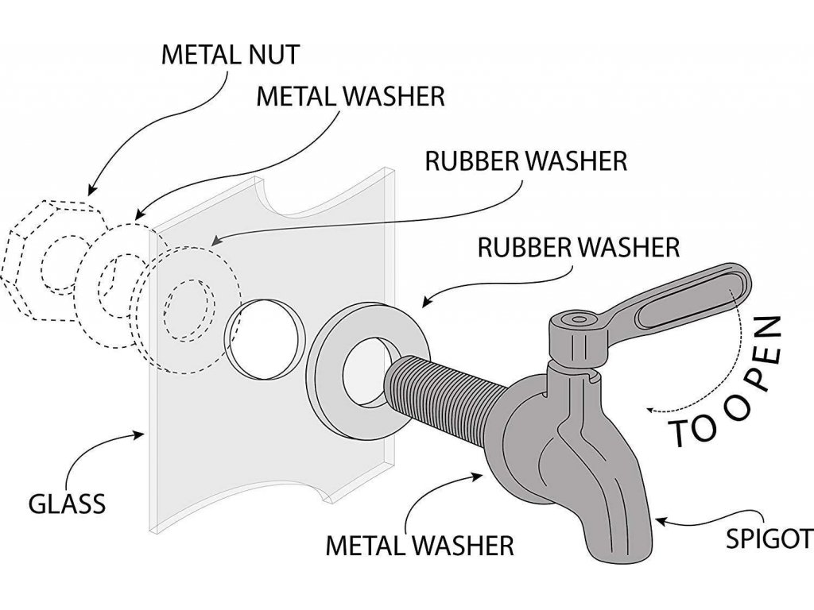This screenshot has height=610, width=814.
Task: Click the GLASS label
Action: click(x=67, y=503)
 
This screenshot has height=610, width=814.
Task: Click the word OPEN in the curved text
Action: click(x=751, y=373)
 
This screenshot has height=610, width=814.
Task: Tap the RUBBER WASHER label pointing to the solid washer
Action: click(x=578, y=247)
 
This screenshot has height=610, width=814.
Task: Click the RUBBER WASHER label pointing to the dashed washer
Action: click(x=526, y=160)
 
